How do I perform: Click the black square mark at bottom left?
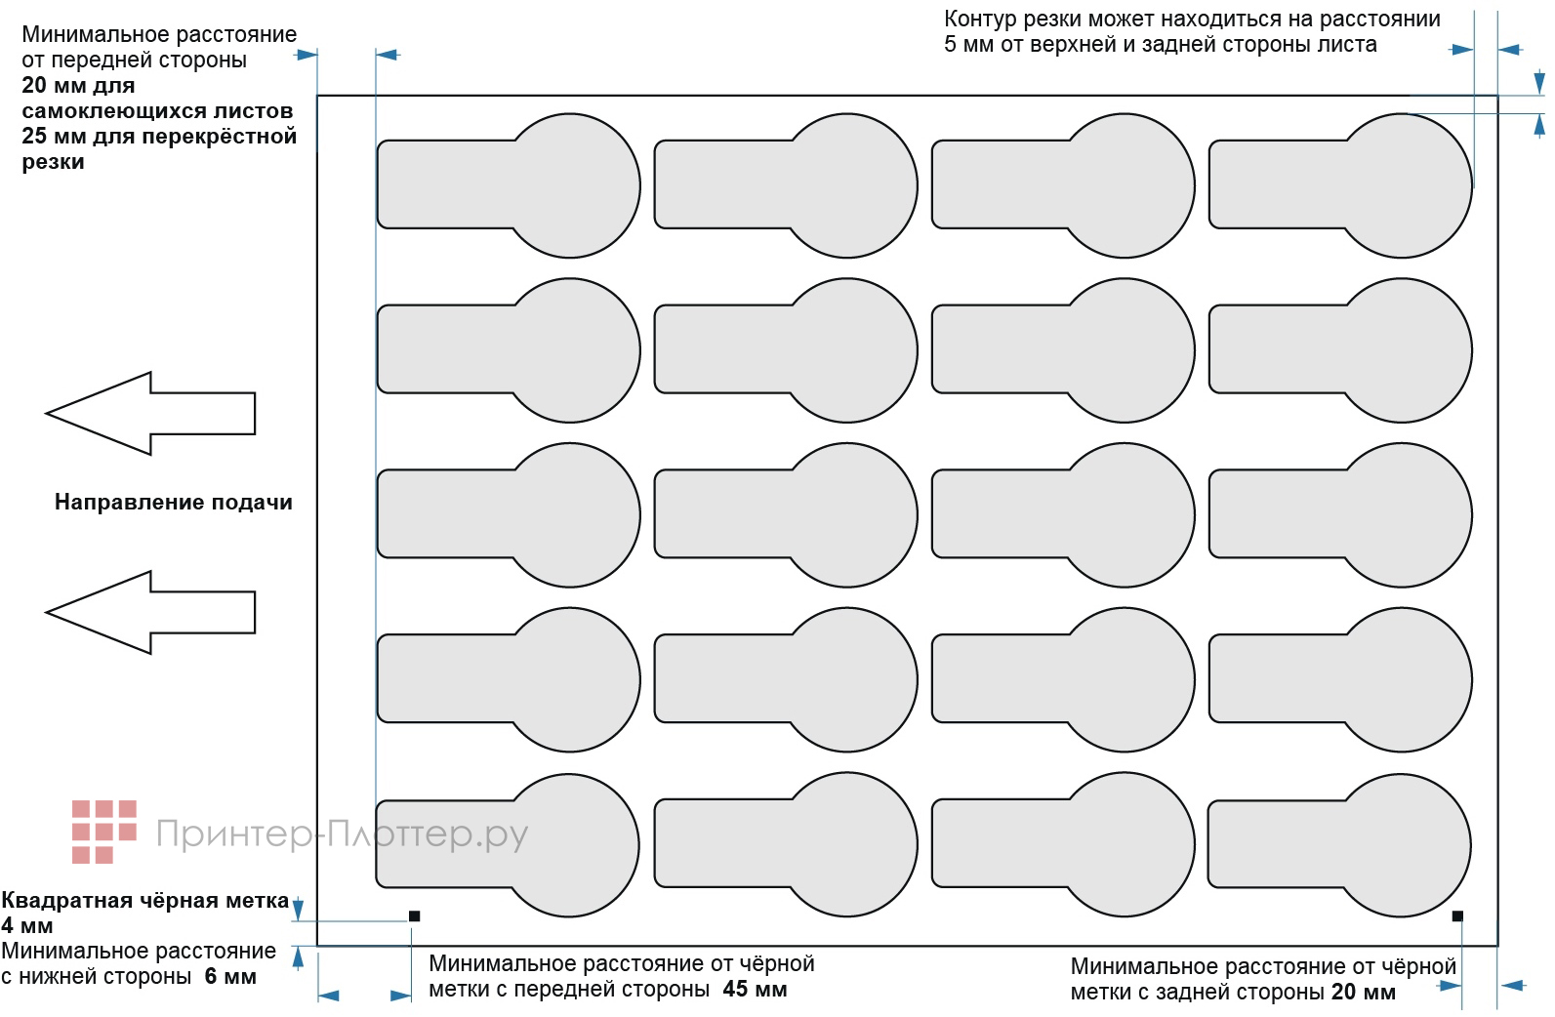[414, 915]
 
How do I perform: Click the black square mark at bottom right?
[1457, 915]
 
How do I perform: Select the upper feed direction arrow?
[150, 414]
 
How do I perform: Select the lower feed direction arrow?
[150, 612]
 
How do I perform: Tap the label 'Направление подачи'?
[173, 503]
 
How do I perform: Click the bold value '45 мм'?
[755, 990]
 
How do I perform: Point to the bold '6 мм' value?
[230, 976]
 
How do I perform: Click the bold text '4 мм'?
[27, 925]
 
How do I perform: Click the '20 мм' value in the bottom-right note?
[1363, 993]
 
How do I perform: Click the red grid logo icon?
[102, 832]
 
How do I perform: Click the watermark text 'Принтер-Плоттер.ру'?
[342, 834]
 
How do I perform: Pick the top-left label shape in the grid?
[508, 185]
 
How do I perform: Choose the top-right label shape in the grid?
[1339, 185]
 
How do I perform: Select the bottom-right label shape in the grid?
[1339, 844]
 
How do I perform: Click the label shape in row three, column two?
[785, 515]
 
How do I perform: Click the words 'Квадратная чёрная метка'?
[144, 901]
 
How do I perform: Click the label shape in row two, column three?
[1062, 350]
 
